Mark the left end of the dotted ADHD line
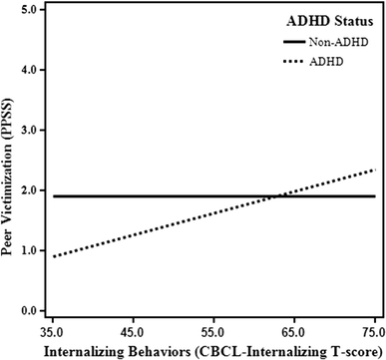point(53,256)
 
